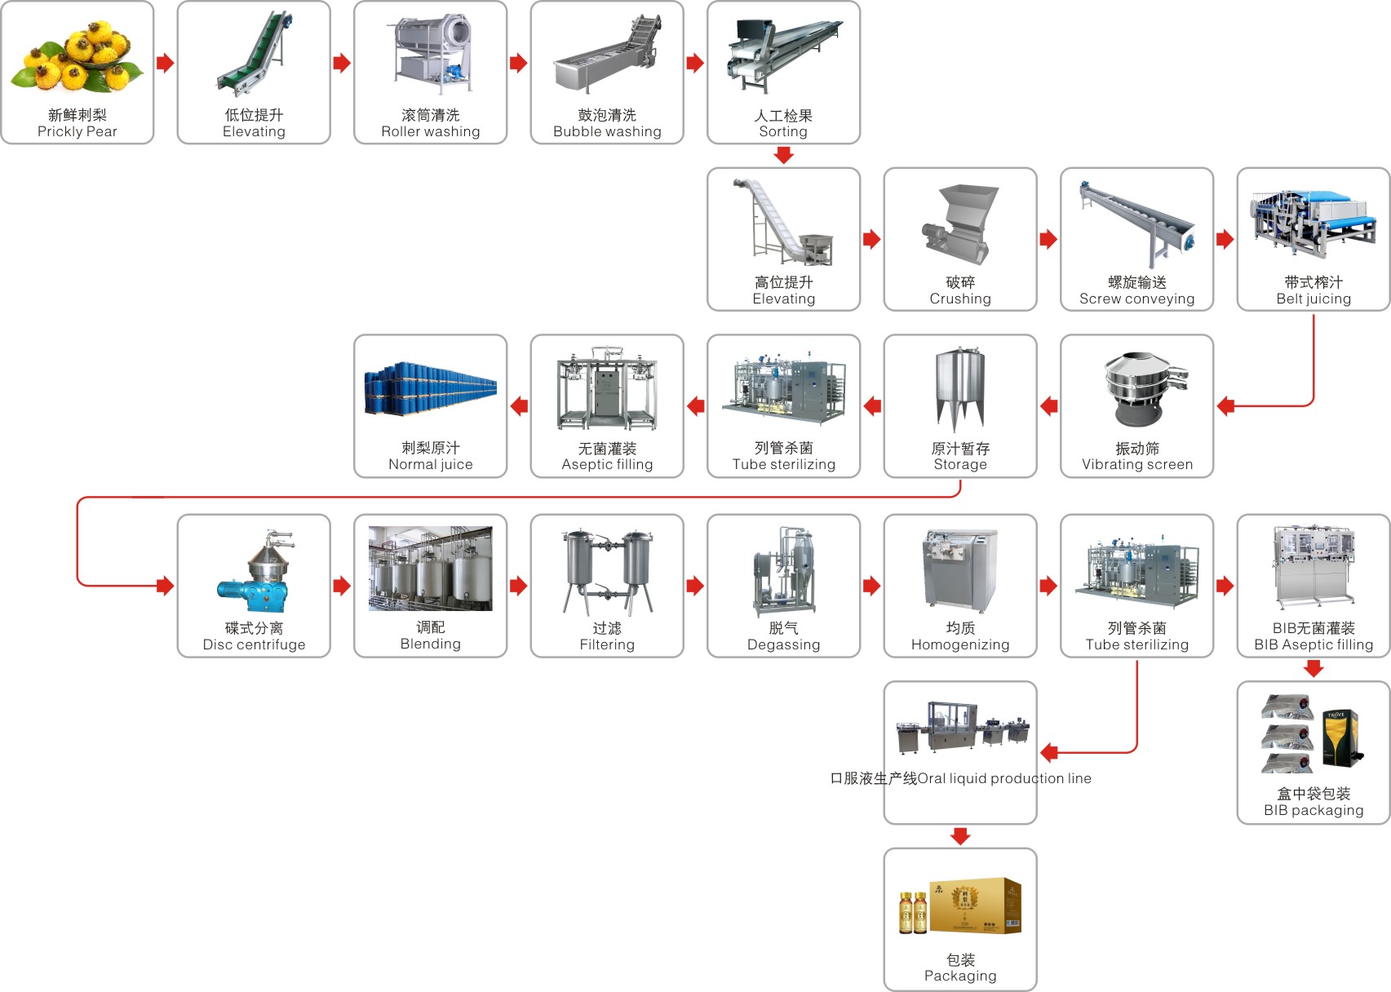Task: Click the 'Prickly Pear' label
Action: point(78,131)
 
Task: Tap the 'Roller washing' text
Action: point(431,131)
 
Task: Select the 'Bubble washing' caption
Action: point(607,131)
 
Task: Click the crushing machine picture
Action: point(960,224)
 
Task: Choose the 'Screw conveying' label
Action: point(1136,299)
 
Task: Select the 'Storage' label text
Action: point(960,464)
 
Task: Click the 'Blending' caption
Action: point(431,644)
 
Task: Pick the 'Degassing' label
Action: point(783,644)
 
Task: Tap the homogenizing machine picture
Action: point(960,570)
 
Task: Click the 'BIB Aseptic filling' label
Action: point(1313,644)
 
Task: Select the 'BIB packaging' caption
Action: point(1313,810)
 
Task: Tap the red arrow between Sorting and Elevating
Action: point(784,155)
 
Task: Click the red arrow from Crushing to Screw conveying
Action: point(1048,239)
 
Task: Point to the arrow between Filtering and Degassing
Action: point(695,585)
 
